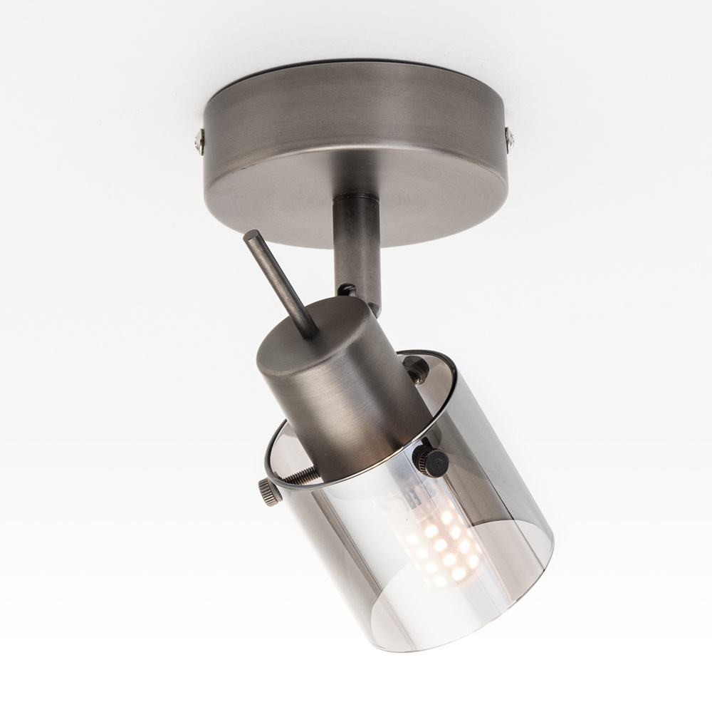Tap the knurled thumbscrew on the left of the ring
(x=268, y=491)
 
